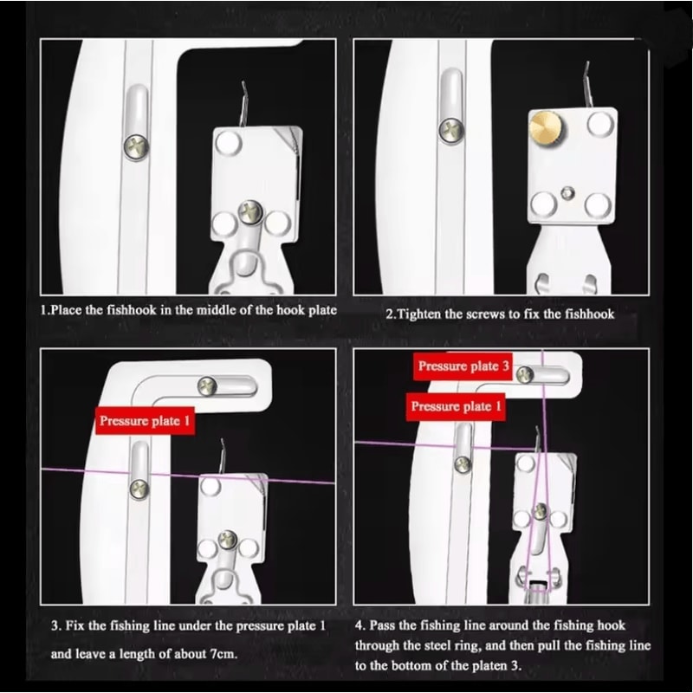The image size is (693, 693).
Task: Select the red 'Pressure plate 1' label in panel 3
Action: pos(144,422)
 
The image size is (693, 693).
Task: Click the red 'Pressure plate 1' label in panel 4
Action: pos(456,406)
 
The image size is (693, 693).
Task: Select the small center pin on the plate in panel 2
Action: pos(567,190)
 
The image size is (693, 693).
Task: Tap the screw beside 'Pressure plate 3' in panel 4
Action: pos(524,373)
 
